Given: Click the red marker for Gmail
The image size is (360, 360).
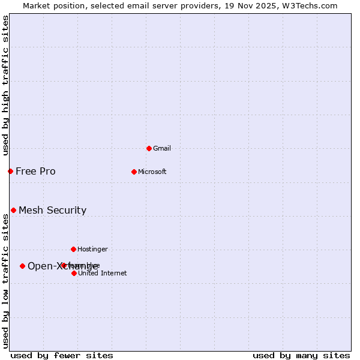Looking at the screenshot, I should [x=149, y=148].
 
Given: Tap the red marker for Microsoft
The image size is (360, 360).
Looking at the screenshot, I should [x=134, y=172].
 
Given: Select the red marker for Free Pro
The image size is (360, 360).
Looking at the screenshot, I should [x=10, y=171].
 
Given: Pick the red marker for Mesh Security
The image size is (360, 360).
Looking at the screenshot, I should [x=13, y=210].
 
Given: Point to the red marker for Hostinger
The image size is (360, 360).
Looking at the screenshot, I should [x=73, y=249].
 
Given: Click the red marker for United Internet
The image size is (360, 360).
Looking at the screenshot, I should [x=74, y=273].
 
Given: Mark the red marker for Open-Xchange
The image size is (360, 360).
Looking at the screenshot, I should [x=22, y=266].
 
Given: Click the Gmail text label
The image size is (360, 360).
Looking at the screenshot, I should [x=162, y=148].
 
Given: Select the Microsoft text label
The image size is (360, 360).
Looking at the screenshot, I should [x=152, y=172].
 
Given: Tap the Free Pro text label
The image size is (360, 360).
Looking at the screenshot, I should [x=35, y=171].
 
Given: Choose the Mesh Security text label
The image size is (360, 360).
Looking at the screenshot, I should [x=52, y=210].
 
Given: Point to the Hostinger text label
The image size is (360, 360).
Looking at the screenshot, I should [x=92, y=249].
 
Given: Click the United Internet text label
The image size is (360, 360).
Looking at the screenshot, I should [x=103, y=273].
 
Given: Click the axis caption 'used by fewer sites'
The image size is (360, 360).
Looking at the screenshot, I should [x=61, y=355].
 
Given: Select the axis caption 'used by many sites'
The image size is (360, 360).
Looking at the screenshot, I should [x=301, y=355].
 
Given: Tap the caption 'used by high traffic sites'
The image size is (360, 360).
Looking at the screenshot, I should [x=5, y=85].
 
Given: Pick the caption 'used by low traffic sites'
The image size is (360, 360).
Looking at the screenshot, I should [x=5, y=281].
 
